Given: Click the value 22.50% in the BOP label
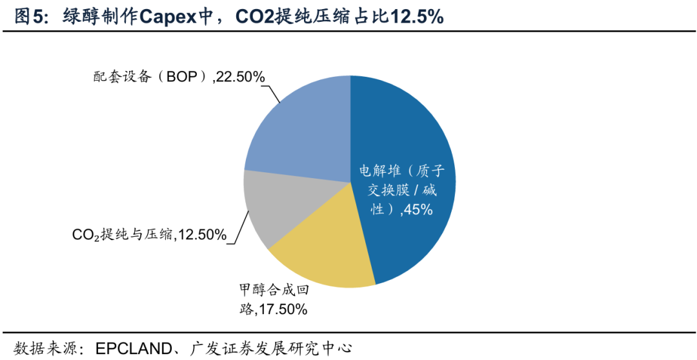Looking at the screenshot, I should tap(241, 77).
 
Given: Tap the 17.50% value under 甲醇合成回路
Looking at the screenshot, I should tap(281, 310).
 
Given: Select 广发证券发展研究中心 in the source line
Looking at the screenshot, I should tap(272, 348).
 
